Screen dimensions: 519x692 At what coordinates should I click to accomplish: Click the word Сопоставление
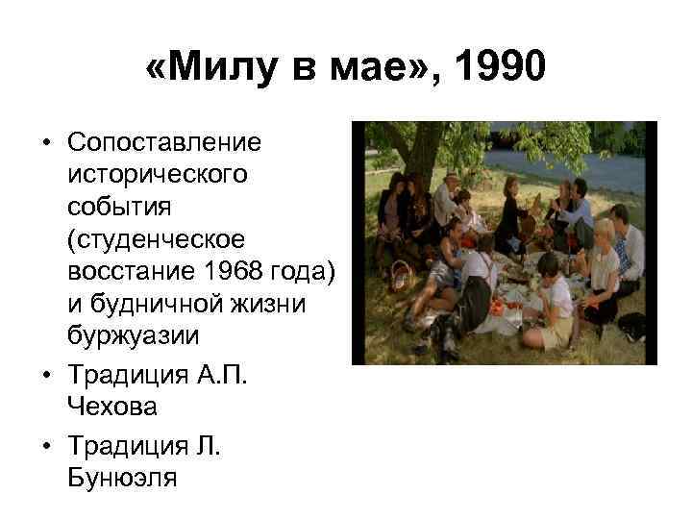[x=164, y=143]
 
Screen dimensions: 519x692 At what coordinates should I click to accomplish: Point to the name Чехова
[x=112, y=406]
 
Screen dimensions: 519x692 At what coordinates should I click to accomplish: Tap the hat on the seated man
[x=453, y=178]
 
